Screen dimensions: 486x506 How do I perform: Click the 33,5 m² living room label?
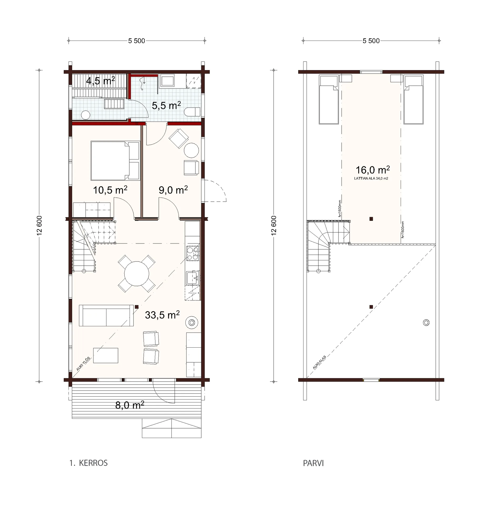162,315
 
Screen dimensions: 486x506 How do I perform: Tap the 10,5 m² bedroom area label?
110,190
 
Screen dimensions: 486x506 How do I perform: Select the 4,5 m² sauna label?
100,81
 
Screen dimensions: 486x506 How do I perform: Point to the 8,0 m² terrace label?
130,405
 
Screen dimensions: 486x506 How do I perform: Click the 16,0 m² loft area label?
373,170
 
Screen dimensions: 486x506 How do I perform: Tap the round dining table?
136,274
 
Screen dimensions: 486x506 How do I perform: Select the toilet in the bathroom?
193,112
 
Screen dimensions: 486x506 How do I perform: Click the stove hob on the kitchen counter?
193,253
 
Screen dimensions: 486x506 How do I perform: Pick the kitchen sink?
193,278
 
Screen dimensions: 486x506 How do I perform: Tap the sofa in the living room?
106,315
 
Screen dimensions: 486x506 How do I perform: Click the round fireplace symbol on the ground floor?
192,323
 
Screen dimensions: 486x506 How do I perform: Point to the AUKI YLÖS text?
83,364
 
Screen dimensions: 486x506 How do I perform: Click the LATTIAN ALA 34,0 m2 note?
371,178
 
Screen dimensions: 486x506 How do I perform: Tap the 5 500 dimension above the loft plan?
371,41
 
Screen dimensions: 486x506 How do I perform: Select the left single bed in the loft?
328,100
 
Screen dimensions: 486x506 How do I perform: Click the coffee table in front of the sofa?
106,355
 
